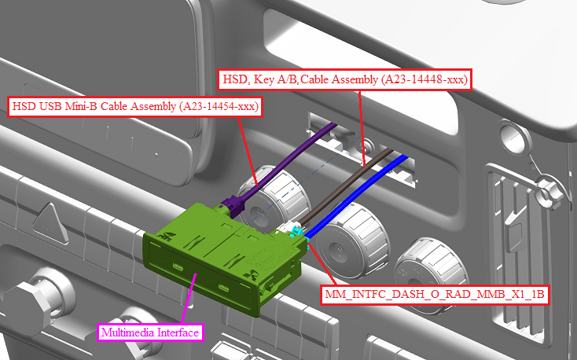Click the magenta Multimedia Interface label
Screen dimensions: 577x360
point(150,332)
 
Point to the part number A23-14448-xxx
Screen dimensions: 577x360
point(424,79)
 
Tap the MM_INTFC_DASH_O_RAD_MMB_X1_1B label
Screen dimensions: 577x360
point(435,295)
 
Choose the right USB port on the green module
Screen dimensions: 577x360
point(224,288)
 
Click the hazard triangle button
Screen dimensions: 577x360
point(50,222)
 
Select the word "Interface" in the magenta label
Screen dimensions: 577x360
point(178,332)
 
